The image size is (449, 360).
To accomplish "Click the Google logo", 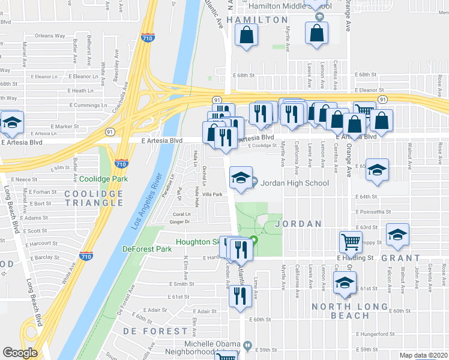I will (20, 353).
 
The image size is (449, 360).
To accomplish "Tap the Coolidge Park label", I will (102, 179).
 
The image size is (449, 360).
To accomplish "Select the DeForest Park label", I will (147, 249).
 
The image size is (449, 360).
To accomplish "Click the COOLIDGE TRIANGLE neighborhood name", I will (94, 198).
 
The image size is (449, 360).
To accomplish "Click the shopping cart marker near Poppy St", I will (351, 242).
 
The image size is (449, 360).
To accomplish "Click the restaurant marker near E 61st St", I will (239, 295).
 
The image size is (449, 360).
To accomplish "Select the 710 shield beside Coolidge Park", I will (121, 163).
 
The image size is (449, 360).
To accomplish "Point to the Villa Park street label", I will (212, 194).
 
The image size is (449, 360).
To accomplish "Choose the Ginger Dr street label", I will (179, 222).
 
